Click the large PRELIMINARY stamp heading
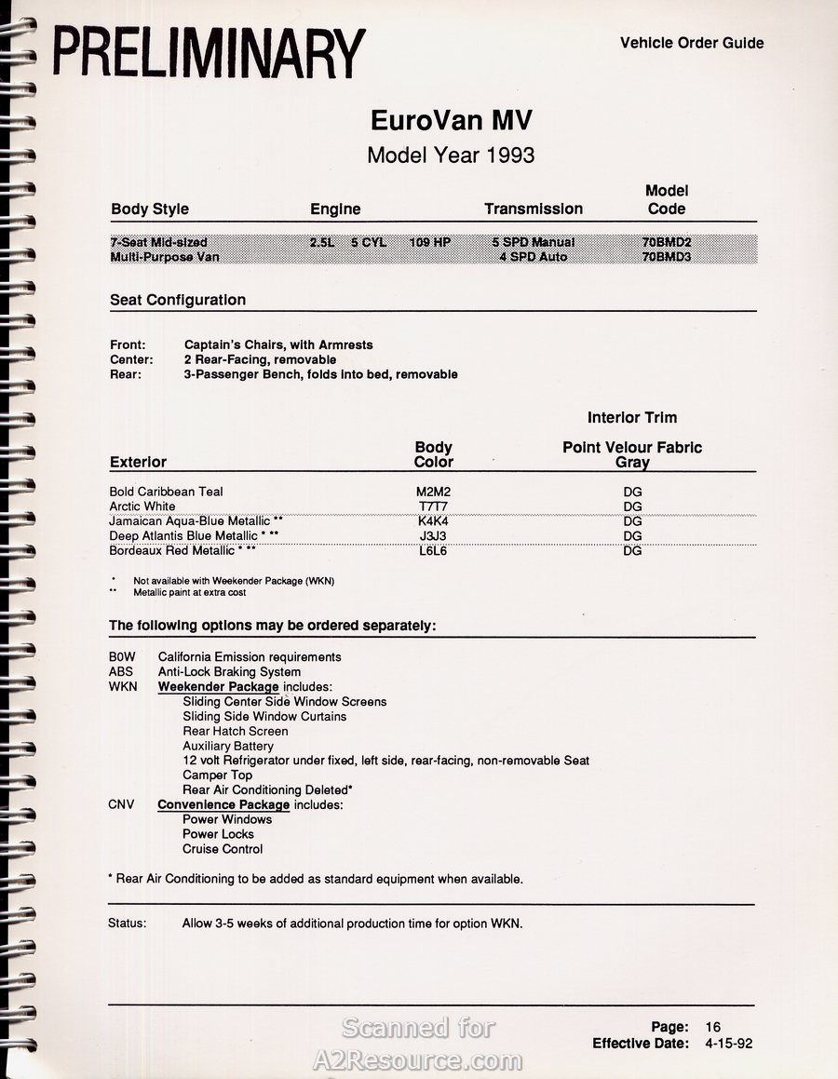click(209, 54)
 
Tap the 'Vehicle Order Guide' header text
click(692, 43)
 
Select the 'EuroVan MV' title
click(452, 121)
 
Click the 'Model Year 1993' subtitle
click(451, 155)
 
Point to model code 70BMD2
click(667, 242)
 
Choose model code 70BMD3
click(667, 257)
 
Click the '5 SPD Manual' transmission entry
click(534, 242)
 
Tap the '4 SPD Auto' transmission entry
click(533, 257)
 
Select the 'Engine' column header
click(335, 209)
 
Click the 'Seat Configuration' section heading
click(178, 300)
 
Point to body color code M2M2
click(434, 492)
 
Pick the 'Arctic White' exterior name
click(142, 506)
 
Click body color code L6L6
click(434, 551)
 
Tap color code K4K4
click(434, 521)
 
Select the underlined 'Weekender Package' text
click(218, 687)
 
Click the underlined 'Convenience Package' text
click(223, 804)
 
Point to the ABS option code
click(121, 672)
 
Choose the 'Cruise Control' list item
click(223, 849)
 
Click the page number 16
click(713, 1027)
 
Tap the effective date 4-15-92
click(729, 1044)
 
